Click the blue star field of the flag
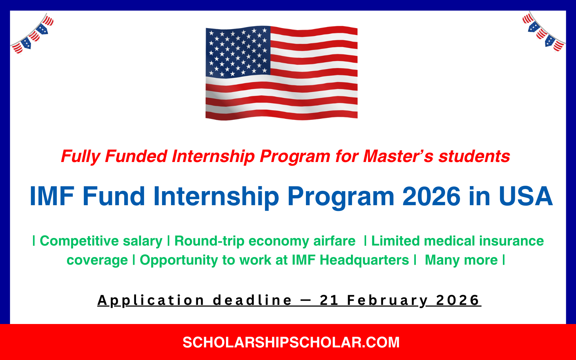238,51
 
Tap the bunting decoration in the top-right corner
543,32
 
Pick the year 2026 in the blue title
431,197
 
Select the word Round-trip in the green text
209,241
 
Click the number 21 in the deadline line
329,300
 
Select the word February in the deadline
387,301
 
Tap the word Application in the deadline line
151,301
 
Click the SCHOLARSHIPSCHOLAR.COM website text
291,342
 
